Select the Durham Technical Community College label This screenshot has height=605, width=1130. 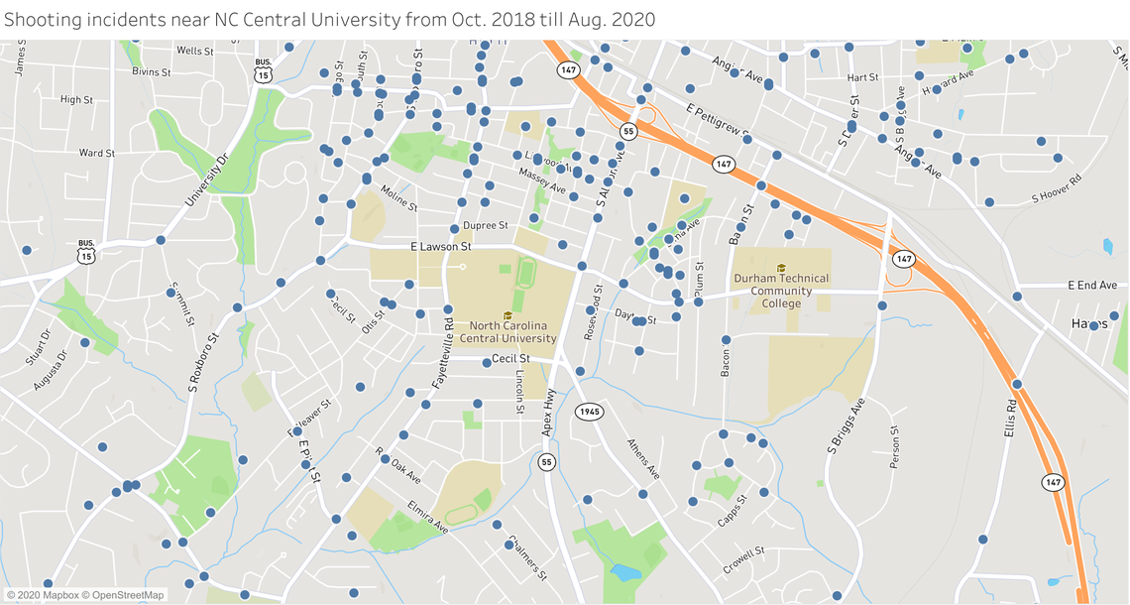tap(781, 291)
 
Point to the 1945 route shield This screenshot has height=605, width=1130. tap(590, 411)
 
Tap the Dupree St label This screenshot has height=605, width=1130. tap(485, 226)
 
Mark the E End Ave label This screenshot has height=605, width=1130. tap(1092, 286)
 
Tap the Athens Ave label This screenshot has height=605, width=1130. tap(643, 458)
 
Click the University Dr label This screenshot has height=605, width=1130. tap(206, 180)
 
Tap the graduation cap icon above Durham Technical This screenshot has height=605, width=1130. tap(781, 268)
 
